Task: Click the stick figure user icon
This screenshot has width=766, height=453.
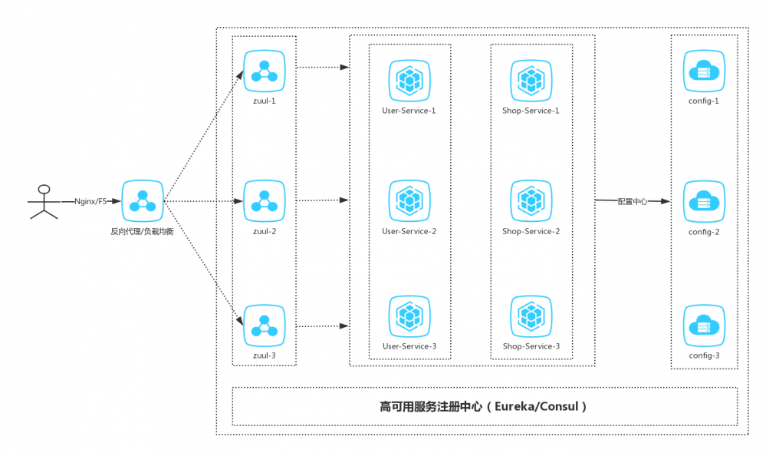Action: point(44,202)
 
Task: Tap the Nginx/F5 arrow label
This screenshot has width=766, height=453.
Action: point(90,201)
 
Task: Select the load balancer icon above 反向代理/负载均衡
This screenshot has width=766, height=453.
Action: point(142,201)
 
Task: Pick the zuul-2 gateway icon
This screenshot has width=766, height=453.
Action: point(264,200)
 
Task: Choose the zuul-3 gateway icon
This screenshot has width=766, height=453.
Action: point(264,326)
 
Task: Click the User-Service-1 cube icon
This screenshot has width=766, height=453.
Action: point(409,80)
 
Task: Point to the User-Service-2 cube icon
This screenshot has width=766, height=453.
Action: point(409,200)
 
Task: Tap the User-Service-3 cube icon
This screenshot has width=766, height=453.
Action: point(409,316)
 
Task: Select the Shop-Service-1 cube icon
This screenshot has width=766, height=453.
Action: point(531,80)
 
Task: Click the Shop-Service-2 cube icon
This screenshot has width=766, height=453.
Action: point(531,200)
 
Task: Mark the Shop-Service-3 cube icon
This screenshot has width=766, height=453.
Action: point(531,316)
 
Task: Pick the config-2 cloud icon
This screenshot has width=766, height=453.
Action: point(704,201)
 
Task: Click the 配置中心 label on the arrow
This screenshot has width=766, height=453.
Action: point(633,201)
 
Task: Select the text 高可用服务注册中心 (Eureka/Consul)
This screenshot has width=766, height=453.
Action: point(484,406)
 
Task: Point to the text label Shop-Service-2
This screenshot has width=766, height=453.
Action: point(531,231)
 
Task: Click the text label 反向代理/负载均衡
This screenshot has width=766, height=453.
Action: point(142,231)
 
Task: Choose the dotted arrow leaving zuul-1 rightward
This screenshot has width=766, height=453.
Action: point(322,68)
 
